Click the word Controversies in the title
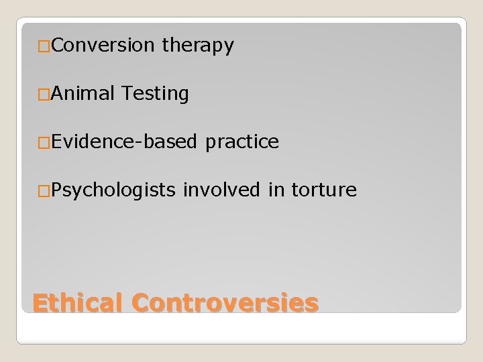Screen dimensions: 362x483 click(x=225, y=302)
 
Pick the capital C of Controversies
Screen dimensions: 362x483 click(x=142, y=302)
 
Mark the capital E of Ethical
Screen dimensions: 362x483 click(x=41, y=302)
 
